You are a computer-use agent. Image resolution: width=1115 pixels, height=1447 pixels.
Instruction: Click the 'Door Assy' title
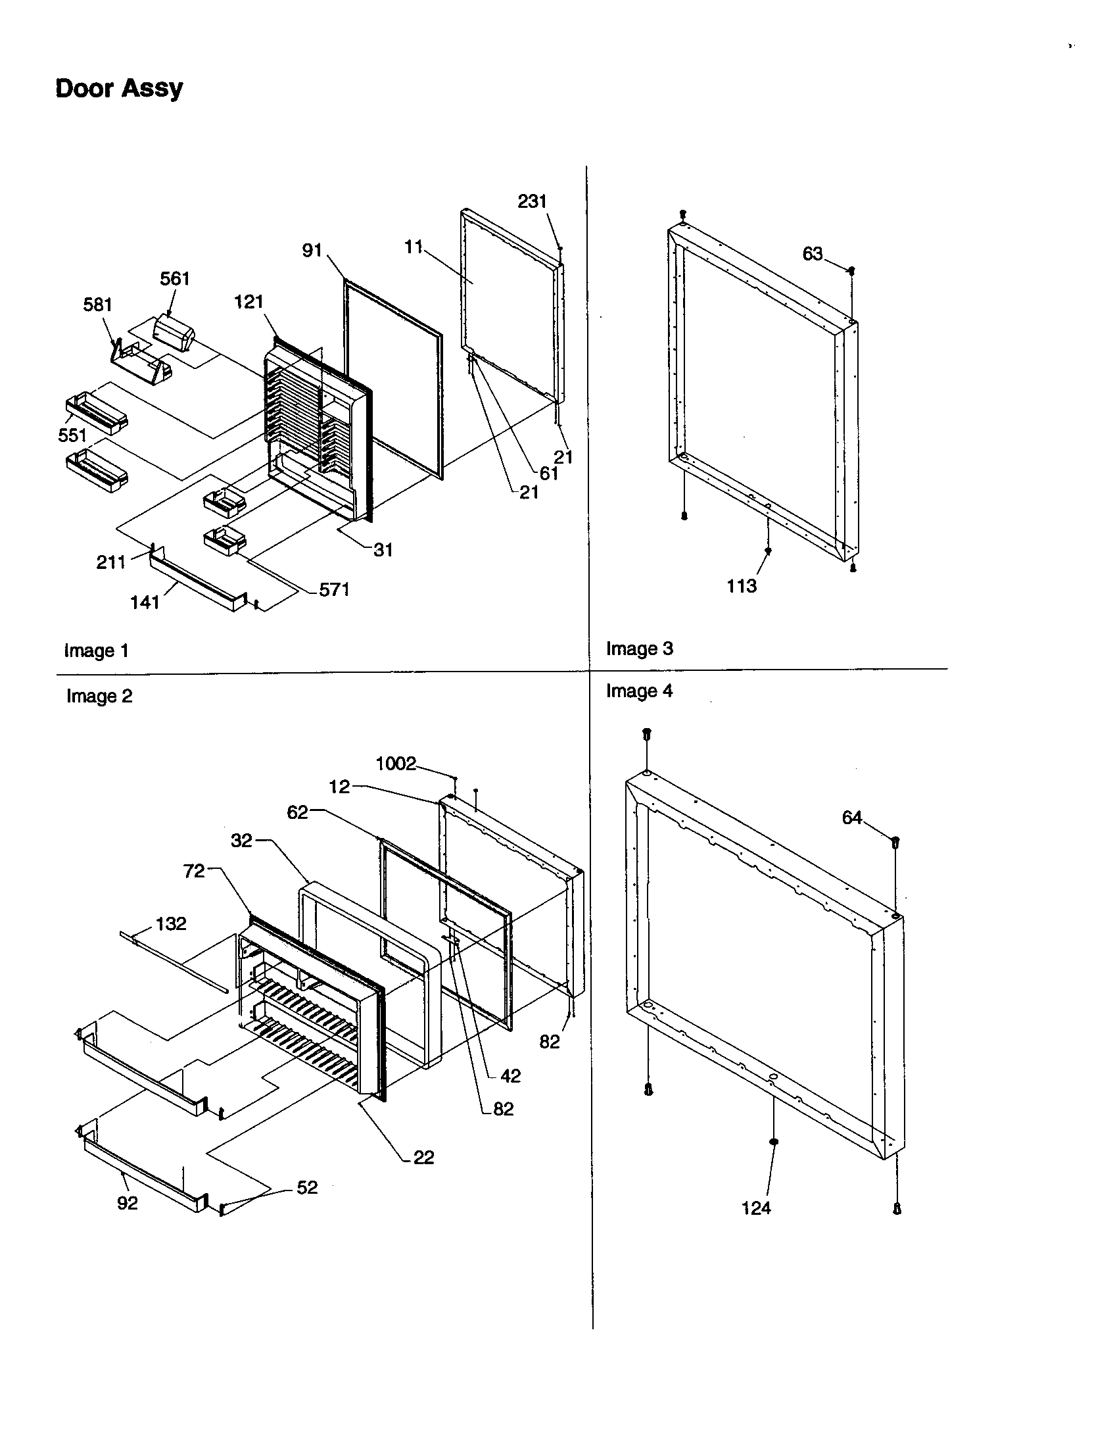118,88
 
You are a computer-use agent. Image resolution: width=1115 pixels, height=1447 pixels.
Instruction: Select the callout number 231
532,201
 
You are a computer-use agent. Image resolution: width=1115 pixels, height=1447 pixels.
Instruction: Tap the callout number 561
175,279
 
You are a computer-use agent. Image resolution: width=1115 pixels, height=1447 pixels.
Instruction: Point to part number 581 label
97,305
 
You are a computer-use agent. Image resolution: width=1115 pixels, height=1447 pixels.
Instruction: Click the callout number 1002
395,764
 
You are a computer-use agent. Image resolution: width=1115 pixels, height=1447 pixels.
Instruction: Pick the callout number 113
741,585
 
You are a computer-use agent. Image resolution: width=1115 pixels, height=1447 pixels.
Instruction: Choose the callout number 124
756,1208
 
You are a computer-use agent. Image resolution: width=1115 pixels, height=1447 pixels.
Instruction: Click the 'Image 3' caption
639,649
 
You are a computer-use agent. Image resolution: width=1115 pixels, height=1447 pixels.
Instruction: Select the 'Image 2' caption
99,697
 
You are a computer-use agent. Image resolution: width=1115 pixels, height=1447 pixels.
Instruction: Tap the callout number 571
335,590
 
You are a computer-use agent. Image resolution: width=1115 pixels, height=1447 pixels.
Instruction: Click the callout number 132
171,923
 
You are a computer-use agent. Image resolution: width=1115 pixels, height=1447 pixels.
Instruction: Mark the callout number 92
127,1203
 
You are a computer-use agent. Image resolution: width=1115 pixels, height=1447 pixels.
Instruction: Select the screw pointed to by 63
851,270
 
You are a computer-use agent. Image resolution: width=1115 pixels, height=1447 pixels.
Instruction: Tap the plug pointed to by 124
773,1142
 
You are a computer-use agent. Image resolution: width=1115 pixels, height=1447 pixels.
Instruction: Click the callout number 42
510,1076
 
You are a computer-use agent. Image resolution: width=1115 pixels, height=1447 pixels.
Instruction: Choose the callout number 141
145,602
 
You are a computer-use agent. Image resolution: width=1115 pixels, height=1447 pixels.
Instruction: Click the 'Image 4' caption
639,691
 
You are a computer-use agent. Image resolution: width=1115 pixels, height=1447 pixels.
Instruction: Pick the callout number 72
194,871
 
